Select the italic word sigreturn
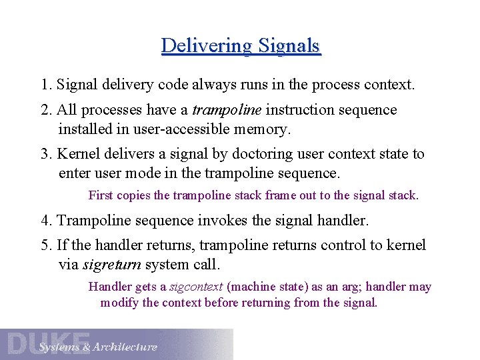pos(111,265)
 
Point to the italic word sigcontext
pos(197,287)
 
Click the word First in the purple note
pos(101,195)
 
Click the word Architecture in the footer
pos(125,347)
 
